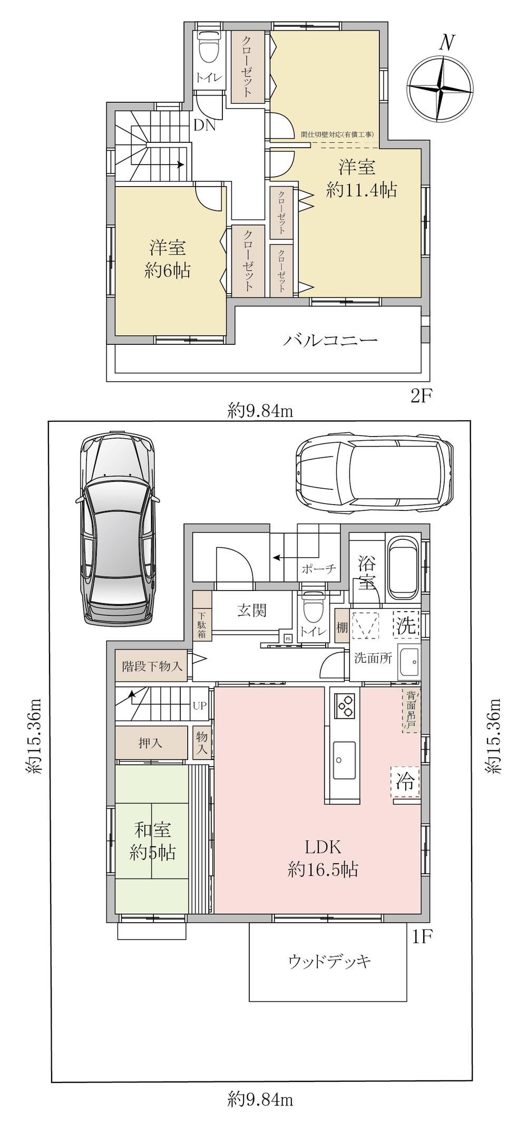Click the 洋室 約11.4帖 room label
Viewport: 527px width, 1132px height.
click(x=360, y=179)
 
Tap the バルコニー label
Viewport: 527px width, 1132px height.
click(x=330, y=340)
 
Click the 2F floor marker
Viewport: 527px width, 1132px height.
click(x=422, y=396)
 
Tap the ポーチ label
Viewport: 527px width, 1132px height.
click(x=319, y=568)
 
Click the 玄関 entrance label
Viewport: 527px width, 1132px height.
click(x=252, y=610)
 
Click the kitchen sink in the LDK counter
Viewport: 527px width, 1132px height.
click(x=344, y=758)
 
